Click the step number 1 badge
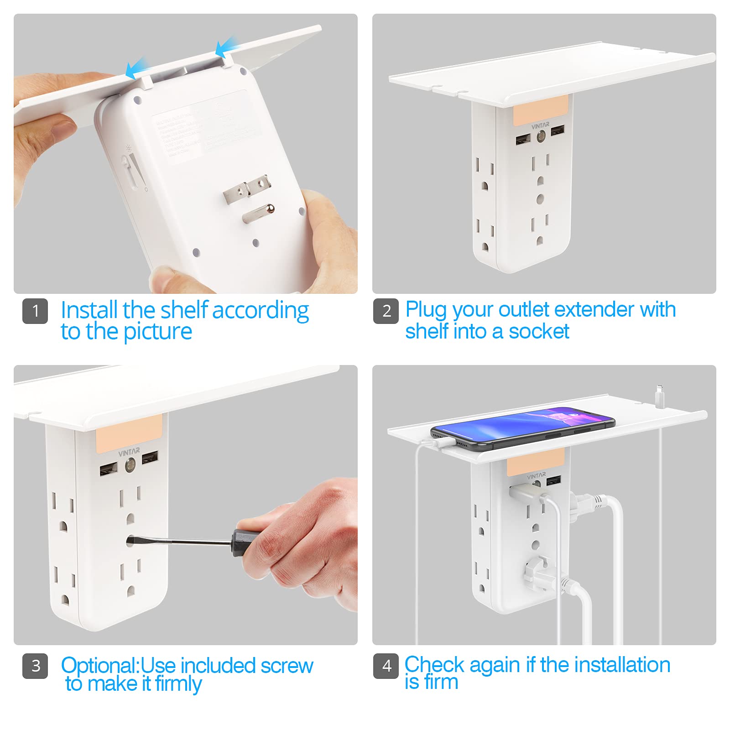[x=35, y=311]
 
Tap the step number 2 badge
[x=386, y=311]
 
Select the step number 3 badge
[x=35, y=666]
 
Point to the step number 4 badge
[x=386, y=666]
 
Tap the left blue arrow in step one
[x=136, y=68]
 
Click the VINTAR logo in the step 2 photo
[x=540, y=125]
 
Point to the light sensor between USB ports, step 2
[x=541, y=136]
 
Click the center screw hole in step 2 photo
[x=540, y=199]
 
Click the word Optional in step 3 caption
[x=99, y=666]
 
